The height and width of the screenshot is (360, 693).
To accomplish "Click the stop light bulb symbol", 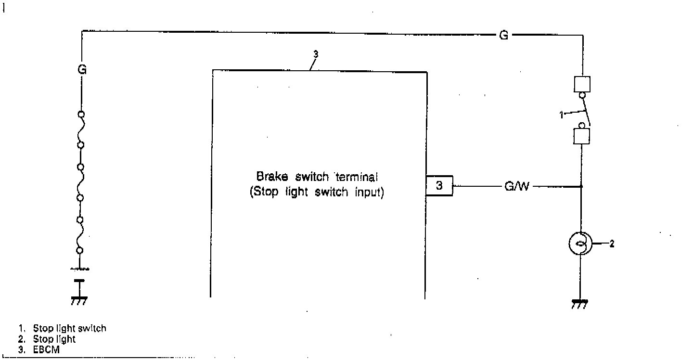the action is click(x=581, y=244).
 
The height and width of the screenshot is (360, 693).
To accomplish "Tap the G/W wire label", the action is click(x=516, y=186).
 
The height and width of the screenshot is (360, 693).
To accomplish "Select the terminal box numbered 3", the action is click(x=439, y=186).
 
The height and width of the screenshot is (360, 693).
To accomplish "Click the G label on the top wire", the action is click(x=503, y=36).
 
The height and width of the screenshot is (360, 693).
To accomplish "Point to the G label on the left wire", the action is click(x=82, y=70).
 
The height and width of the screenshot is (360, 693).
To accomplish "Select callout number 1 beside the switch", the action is click(x=561, y=115).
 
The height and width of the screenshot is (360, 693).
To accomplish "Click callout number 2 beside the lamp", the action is click(x=612, y=244).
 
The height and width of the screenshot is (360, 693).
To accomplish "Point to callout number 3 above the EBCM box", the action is click(x=316, y=54).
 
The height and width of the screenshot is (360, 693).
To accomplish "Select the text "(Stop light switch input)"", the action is click(x=317, y=193).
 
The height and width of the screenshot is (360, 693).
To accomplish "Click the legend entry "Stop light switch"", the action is click(x=69, y=329).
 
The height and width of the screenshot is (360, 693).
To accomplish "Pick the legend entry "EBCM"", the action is click(x=46, y=350).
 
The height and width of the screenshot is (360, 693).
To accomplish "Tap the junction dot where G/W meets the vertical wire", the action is click(x=581, y=186).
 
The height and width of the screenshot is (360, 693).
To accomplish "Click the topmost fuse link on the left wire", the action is click(x=81, y=129).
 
